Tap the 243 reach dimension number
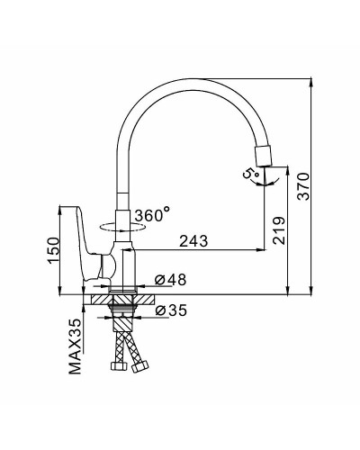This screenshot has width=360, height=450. click(193, 240)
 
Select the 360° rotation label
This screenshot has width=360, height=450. click(152, 216)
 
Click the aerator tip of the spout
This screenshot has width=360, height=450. click(264, 154)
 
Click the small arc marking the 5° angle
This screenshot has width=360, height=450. click(261, 182)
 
